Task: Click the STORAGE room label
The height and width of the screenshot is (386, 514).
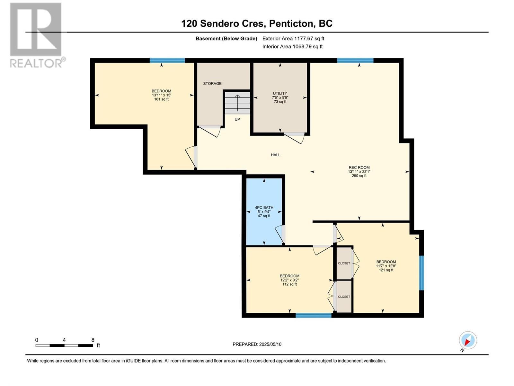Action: click(212, 84)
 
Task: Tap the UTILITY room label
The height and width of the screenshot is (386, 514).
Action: click(280, 94)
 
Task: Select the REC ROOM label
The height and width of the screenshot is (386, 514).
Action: click(359, 168)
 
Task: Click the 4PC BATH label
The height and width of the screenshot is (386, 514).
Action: click(264, 208)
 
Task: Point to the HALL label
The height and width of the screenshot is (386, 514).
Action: click(275, 155)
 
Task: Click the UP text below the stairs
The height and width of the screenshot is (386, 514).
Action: click(237, 119)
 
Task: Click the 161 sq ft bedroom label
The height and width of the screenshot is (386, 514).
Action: click(161, 95)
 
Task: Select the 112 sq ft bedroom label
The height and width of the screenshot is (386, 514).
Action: click(289, 280)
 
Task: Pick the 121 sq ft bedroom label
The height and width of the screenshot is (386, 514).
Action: click(386, 266)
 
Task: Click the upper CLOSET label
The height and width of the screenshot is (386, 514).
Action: click(344, 263)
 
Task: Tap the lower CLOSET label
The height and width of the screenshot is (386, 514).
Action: click(344, 297)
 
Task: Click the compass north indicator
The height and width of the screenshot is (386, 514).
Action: click(468, 340)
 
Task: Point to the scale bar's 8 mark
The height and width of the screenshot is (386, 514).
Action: click(93, 340)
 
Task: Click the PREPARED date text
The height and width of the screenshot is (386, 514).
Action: click(257, 344)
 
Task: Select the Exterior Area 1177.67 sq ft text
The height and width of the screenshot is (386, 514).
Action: click(293, 39)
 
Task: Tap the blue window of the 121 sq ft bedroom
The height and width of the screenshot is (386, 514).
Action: click(421, 273)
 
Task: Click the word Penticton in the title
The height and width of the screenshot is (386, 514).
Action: click(291, 23)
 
